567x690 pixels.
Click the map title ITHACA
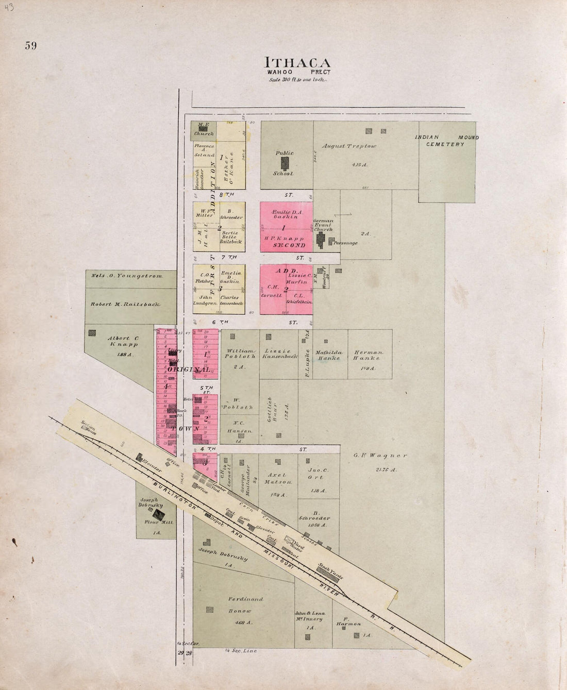tap(297, 62)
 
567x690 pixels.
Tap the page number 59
tap(30, 46)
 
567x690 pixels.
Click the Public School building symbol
tap(285, 163)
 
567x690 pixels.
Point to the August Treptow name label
tap(349, 146)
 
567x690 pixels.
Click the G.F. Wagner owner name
tap(380, 456)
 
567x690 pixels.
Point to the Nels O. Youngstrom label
tap(127, 276)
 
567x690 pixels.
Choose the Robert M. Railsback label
tap(125, 304)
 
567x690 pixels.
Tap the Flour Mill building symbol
tap(160, 514)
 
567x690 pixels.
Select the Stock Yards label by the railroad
tap(330, 571)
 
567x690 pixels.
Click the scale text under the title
tap(297, 79)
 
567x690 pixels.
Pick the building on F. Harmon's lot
tap(356, 635)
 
